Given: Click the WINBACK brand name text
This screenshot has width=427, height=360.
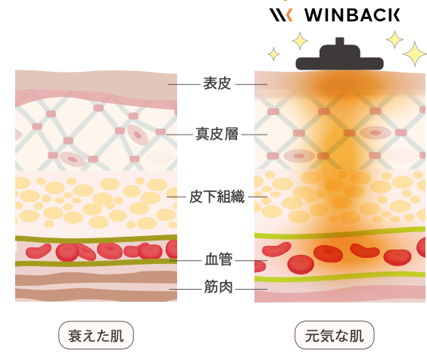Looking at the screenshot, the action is [352, 14].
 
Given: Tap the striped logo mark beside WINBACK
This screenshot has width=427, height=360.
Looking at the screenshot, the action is [281, 14].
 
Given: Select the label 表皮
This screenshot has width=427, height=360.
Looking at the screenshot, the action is [217, 83].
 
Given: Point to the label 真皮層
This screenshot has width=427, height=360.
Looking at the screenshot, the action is [217, 134].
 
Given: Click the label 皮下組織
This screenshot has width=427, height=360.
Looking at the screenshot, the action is [217, 197].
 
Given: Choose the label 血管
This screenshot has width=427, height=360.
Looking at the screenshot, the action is [218, 259].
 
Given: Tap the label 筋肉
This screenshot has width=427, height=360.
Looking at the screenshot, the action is [218, 287].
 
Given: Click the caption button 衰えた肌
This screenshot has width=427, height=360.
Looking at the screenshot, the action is [96, 335].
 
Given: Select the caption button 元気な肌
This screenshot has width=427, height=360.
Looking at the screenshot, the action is [335, 335].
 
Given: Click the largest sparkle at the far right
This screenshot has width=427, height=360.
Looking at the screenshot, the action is [415, 54].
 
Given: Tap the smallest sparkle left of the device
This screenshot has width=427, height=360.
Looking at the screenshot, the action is [273, 54].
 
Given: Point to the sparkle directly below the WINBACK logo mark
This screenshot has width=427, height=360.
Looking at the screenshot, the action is [300, 41].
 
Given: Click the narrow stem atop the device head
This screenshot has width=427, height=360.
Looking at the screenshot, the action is [340, 42].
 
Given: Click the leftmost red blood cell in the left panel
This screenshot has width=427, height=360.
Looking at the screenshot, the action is [39, 251].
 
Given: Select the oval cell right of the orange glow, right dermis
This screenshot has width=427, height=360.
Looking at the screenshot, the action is [376, 133].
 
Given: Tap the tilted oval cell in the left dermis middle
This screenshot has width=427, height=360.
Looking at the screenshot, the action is [138, 135].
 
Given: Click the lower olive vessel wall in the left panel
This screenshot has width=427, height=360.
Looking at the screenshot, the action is [96, 263].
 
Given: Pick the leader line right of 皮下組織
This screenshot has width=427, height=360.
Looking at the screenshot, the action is [257, 197].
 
